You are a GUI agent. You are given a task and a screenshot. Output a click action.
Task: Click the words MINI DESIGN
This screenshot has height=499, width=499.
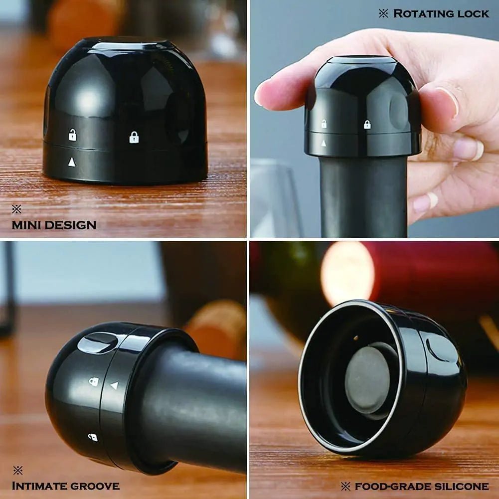[54, 225]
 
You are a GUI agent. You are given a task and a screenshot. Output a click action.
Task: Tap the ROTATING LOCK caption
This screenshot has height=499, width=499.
[441, 13]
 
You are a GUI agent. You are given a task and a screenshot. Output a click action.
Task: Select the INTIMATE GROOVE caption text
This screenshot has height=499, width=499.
[65, 486]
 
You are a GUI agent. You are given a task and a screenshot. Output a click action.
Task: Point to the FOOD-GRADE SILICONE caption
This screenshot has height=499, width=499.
[421, 486]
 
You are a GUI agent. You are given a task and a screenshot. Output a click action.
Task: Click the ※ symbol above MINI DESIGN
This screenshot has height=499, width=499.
[16, 209]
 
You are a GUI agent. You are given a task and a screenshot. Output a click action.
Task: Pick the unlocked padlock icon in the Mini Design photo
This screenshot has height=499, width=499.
[72, 135]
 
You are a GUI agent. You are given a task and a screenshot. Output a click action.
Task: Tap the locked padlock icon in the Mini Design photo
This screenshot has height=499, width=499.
[134, 137]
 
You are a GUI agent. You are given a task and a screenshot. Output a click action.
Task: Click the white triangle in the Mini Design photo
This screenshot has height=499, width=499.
[72, 162]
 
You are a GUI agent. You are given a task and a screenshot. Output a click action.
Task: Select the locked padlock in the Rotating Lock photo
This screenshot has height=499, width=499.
[367, 125]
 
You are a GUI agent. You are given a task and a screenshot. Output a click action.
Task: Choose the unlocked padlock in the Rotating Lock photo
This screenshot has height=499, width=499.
[324, 124]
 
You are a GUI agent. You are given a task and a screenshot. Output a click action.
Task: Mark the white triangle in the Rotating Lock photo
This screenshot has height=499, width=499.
[324, 143]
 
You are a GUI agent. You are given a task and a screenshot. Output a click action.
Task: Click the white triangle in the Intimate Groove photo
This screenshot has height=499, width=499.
[114, 385]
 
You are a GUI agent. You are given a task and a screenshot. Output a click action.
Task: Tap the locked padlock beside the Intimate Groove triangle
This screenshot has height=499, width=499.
[94, 381]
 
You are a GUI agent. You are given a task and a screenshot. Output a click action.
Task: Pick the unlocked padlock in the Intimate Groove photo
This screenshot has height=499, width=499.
[93, 437]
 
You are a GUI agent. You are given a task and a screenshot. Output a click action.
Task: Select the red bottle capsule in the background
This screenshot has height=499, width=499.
[429, 272]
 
